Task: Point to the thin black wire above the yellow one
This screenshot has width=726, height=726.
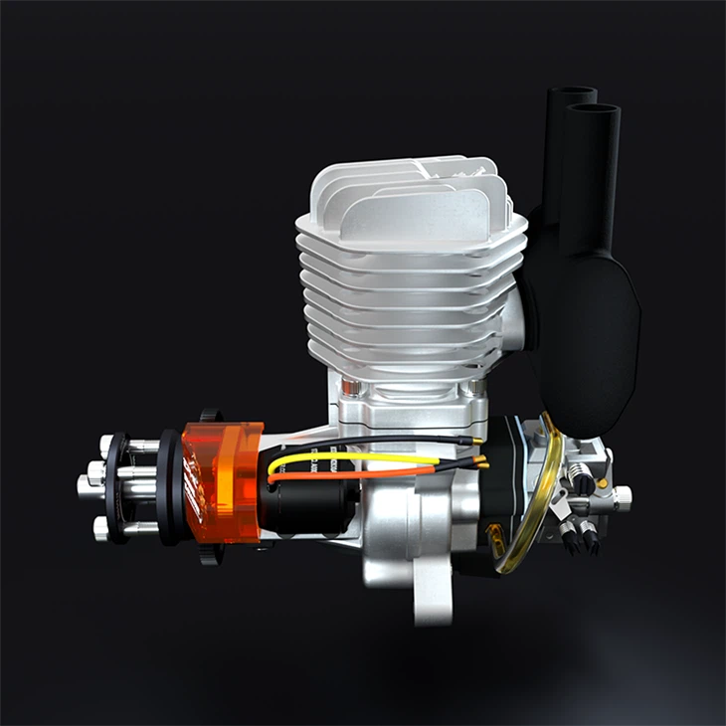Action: point(378,441)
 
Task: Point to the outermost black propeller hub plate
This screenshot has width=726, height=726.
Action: point(120,487)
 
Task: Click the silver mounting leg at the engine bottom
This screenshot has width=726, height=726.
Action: point(433,597)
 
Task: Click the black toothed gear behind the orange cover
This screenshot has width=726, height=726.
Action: point(209,416)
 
